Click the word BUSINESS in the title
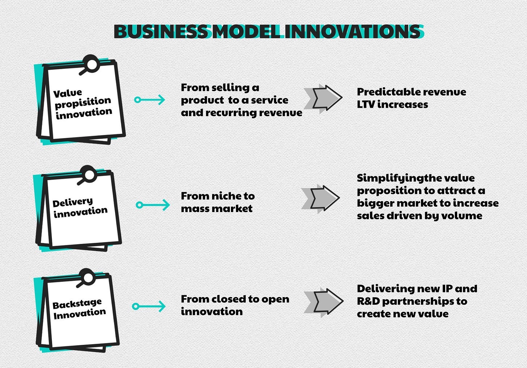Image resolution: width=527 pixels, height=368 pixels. click(161, 32)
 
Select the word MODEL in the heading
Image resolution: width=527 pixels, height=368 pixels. click(246, 32)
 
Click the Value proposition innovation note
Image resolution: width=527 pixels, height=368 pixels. click(83, 102)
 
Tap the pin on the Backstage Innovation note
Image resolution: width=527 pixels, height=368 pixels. click(88, 278)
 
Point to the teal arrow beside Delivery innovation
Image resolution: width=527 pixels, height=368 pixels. click(152, 205)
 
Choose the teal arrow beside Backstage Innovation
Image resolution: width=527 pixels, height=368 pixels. click(149, 306)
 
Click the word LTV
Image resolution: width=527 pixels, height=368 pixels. click(366, 105)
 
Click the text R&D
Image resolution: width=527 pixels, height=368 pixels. click(368, 301)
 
